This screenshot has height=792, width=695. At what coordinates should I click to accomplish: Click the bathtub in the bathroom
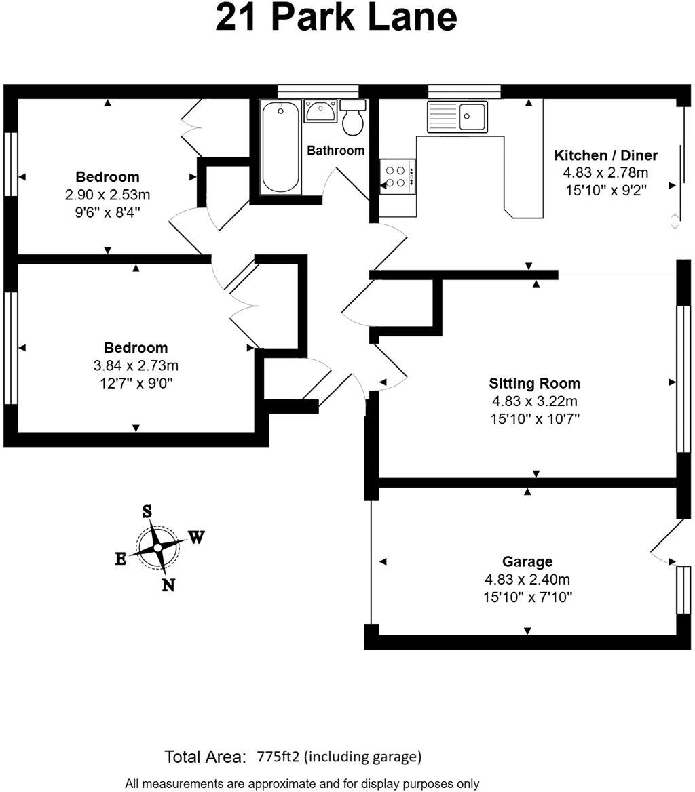pyautogui.click(x=280, y=147)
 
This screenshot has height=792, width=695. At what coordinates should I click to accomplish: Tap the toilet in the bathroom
pyautogui.click(x=353, y=119)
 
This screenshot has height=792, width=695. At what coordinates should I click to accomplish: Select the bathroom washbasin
pyautogui.click(x=319, y=111)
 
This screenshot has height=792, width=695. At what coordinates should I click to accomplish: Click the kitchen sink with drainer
pyautogui.click(x=457, y=117)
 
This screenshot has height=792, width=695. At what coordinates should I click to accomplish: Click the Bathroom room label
pyautogui.click(x=335, y=151)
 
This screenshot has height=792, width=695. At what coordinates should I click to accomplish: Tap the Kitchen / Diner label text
pyautogui.click(x=606, y=155)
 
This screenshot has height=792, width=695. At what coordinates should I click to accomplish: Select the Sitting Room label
pyautogui.click(x=535, y=384)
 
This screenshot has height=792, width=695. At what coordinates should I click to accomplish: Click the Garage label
pyautogui.click(x=527, y=561)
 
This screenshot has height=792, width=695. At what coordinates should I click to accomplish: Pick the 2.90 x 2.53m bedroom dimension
pyautogui.click(x=107, y=195)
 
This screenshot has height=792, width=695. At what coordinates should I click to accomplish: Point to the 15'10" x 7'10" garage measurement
pyautogui.click(x=527, y=597)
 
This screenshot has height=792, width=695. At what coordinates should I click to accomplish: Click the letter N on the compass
pyautogui.click(x=168, y=585)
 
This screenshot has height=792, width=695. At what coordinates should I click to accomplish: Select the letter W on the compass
pyautogui.click(x=195, y=538)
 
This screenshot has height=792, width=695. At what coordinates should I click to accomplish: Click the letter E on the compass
pyautogui.click(x=120, y=559)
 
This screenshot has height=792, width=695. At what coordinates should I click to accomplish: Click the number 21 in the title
pyautogui.click(x=237, y=18)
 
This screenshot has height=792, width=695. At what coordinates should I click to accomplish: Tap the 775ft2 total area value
pyautogui.click(x=281, y=756)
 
